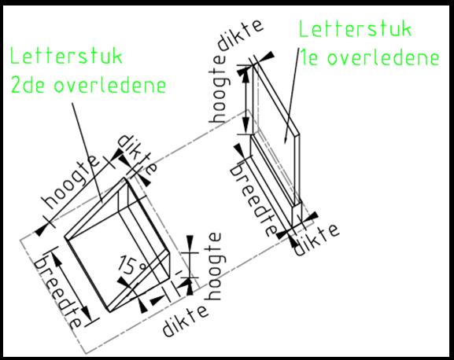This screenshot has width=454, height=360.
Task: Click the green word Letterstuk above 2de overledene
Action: point(66,57)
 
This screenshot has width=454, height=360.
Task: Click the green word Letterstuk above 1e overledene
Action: point(355,28)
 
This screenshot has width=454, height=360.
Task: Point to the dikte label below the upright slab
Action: point(316,241)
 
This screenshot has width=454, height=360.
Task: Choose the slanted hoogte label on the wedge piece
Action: point(72,182)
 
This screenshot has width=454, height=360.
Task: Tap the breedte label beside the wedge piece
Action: point(57,292)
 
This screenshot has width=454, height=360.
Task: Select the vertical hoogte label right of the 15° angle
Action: point(215,266)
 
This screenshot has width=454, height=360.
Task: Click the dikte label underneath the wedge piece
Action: point(186,321)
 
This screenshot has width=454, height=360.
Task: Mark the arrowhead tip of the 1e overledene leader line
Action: point(286,144)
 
